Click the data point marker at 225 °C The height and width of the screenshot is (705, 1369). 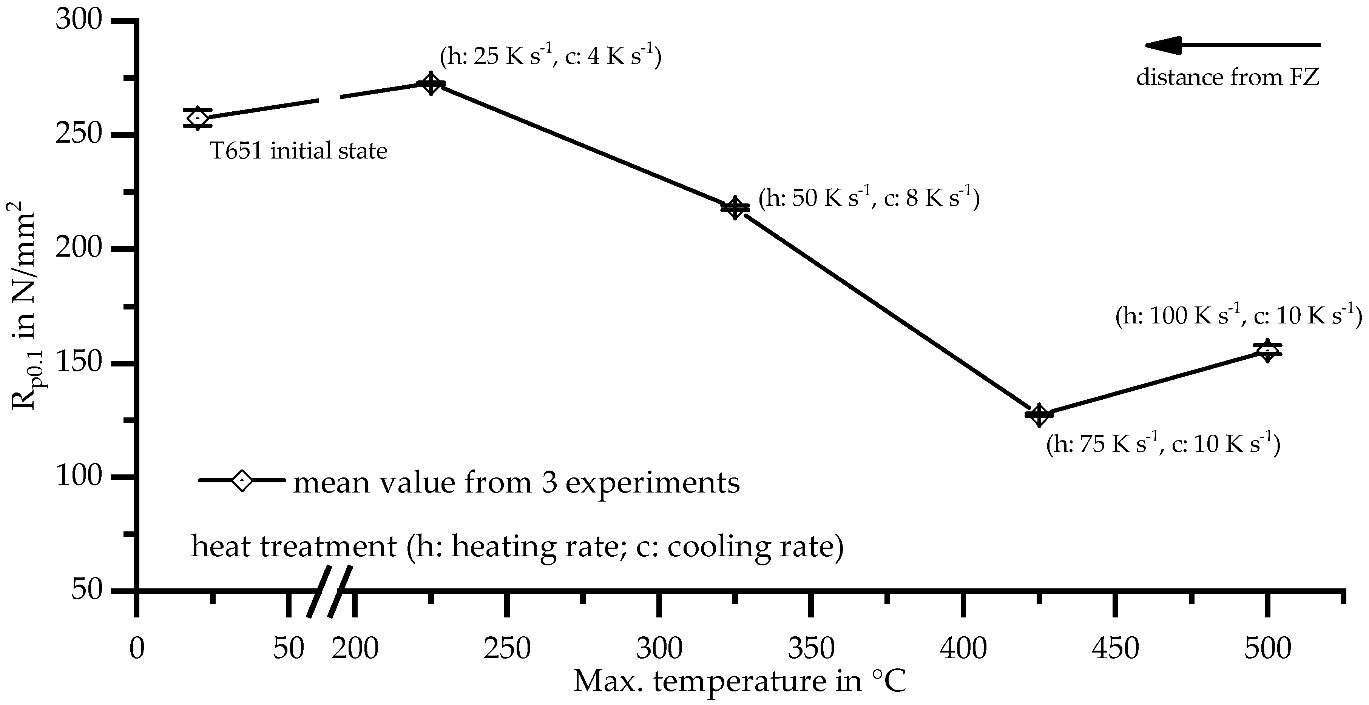(x=431, y=84)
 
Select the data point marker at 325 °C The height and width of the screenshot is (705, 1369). (x=735, y=208)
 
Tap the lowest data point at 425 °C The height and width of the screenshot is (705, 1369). (x=1039, y=414)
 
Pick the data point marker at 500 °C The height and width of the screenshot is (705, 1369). (x=1267, y=350)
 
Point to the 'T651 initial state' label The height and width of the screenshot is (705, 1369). (x=299, y=151)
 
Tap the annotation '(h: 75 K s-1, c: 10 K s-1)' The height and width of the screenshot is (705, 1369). (x=1163, y=443)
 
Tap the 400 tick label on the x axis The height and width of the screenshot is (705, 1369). (x=963, y=649)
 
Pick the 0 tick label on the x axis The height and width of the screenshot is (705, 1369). (x=137, y=649)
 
